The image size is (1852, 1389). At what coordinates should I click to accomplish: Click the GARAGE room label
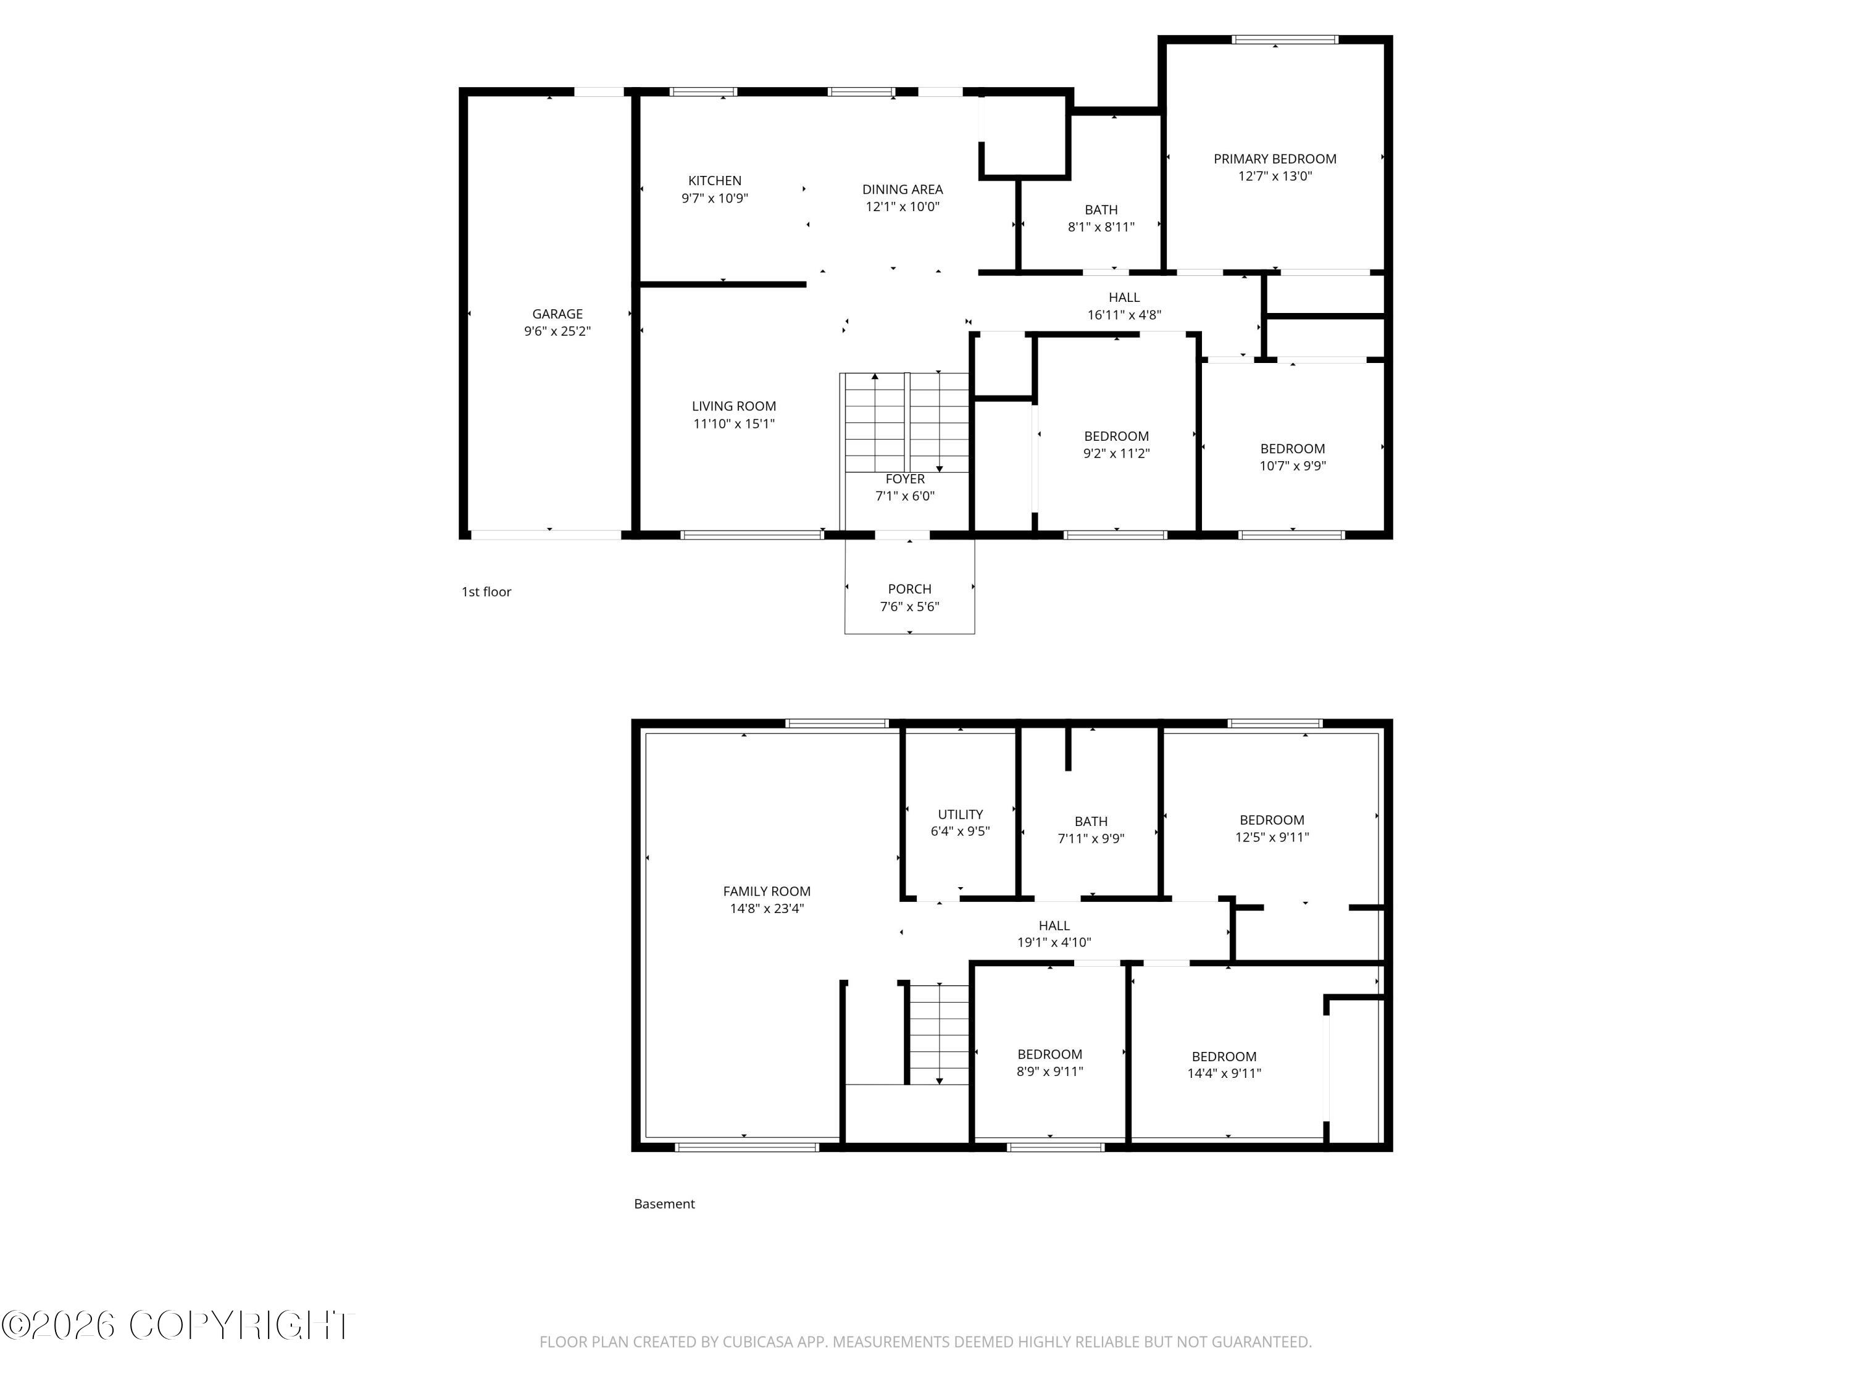pos(557,314)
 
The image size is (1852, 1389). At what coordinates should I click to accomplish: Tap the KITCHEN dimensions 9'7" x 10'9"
pos(715,198)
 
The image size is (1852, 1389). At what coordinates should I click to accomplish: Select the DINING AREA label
pos(903,190)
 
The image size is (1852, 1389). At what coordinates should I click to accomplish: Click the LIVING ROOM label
pos(734,406)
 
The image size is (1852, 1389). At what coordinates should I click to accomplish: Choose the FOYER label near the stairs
pos(905,479)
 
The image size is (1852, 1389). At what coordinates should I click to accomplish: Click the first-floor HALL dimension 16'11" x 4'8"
pos(1124,315)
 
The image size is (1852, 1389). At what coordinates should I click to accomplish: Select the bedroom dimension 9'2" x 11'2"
pos(1117,454)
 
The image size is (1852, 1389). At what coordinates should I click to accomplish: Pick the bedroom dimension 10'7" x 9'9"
pos(1293,466)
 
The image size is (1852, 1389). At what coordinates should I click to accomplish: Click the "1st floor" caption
pos(486,592)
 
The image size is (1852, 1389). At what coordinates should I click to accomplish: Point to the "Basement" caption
pos(665,1204)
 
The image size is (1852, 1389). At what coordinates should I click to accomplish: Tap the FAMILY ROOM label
pos(767,891)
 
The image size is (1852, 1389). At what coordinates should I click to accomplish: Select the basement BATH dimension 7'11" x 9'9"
pos(1091,839)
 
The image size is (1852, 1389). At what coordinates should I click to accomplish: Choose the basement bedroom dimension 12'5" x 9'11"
pos(1272,837)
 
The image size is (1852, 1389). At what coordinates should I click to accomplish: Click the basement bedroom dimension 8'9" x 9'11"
pos(1050,1072)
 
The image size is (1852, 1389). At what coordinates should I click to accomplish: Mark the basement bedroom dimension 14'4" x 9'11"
pos(1224,1074)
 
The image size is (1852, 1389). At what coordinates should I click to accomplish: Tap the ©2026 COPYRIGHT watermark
pos(178,1325)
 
